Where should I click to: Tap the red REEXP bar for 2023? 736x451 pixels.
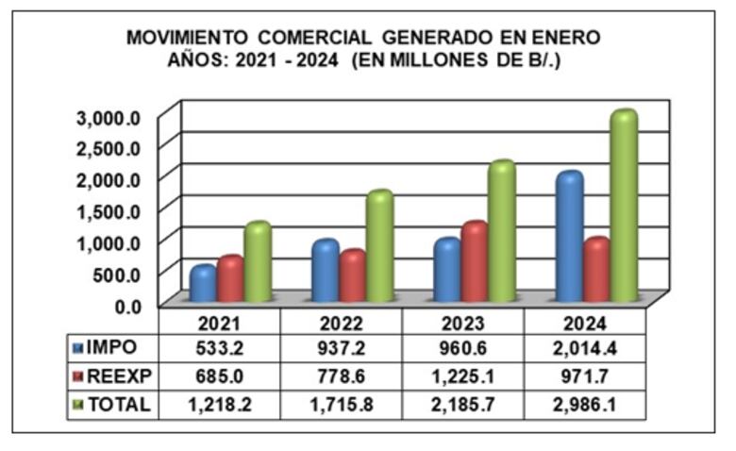474,259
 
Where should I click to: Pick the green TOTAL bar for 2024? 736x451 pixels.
623,204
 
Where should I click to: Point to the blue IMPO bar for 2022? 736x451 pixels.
325,271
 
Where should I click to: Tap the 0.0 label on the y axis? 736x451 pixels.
127,305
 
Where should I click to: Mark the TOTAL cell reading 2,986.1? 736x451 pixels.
584,404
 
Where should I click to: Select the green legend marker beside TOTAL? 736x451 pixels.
77,404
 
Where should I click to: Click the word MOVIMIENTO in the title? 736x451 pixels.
188,38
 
